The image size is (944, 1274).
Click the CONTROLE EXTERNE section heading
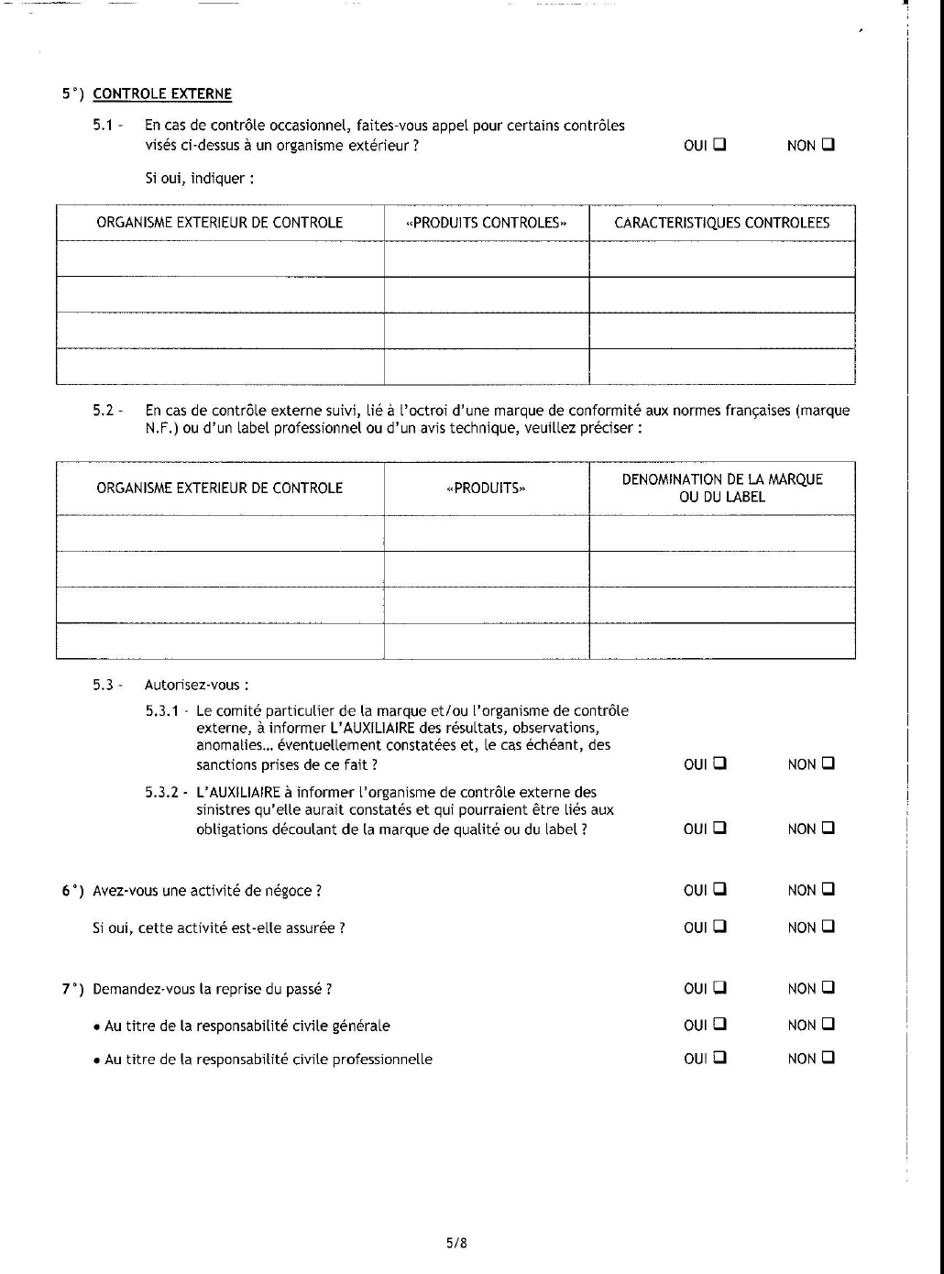click(x=162, y=93)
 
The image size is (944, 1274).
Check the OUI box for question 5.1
click(x=719, y=144)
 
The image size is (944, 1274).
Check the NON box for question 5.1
click(x=829, y=144)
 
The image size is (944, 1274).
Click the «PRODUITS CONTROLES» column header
click(x=487, y=223)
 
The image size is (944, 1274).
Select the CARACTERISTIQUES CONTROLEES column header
click(x=721, y=223)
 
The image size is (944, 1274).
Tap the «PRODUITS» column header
click(x=487, y=488)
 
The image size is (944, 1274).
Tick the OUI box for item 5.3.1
click(x=719, y=763)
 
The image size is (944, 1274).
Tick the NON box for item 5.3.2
click(x=829, y=828)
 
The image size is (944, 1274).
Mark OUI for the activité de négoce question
click(x=719, y=888)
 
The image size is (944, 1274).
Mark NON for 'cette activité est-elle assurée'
click(x=829, y=926)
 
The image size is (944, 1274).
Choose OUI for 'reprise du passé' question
click(x=719, y=987)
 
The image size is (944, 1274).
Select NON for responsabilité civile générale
click(x=829, y=1024)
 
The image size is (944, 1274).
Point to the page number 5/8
click(x=456, y=1244)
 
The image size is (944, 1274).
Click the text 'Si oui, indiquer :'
click(x=199, y=179)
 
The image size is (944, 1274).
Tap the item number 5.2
click(x=104, y=411)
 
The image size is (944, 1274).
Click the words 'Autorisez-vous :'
click(x=196, y=685)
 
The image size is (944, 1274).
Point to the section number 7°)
click(x=72, y=989)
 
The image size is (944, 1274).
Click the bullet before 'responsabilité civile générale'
click(x=96, y=1027)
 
